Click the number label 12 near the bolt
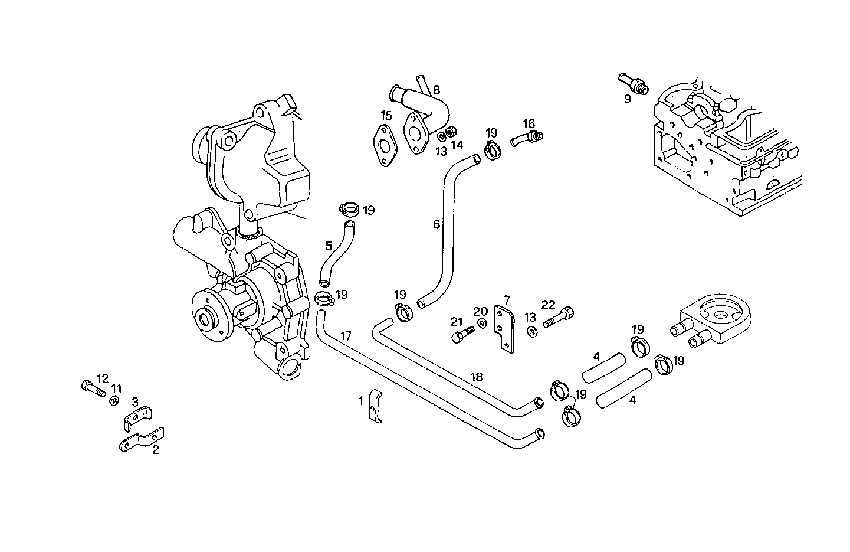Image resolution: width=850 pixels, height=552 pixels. click(x=103, y=378)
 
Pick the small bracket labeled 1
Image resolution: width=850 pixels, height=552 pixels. click(x=375, y=407)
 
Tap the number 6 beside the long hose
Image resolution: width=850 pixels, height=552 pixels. click(x=437, y=224)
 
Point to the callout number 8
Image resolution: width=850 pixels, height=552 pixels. click(x=437, y=90)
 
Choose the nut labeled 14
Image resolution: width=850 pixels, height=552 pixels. click(x=449, y=132)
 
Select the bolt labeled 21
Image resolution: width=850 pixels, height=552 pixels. click(x=462, y=335)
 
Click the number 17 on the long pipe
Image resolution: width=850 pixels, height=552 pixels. click(x=346, y=336)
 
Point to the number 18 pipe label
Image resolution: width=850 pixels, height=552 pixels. click(x=477, y=376)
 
